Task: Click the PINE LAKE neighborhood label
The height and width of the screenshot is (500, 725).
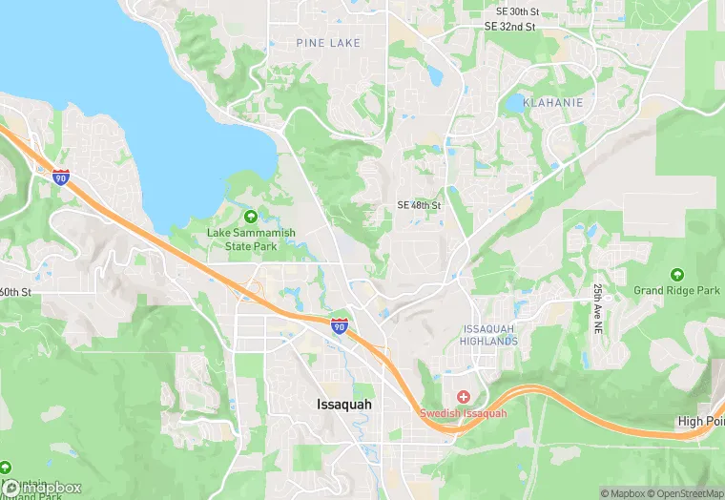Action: (x=328, y=43)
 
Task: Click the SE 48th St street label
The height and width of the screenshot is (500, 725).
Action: (x=419, y=206)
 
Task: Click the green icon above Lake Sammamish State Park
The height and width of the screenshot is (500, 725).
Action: (x=251, y=216)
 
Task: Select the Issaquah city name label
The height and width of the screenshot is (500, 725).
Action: (x=344, y=405)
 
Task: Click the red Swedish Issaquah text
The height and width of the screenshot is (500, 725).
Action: (x=464, y=414)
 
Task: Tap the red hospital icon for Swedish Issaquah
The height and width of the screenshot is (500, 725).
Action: (x=464, y=396)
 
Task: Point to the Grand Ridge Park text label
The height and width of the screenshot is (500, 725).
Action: (x=678, y=290)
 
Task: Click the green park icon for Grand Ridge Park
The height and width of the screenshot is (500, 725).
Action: (x=677, y=274)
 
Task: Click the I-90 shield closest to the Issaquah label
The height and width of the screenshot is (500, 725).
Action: (x=339, y=326)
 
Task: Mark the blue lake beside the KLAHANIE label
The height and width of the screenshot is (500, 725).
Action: (x=516, y=101)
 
